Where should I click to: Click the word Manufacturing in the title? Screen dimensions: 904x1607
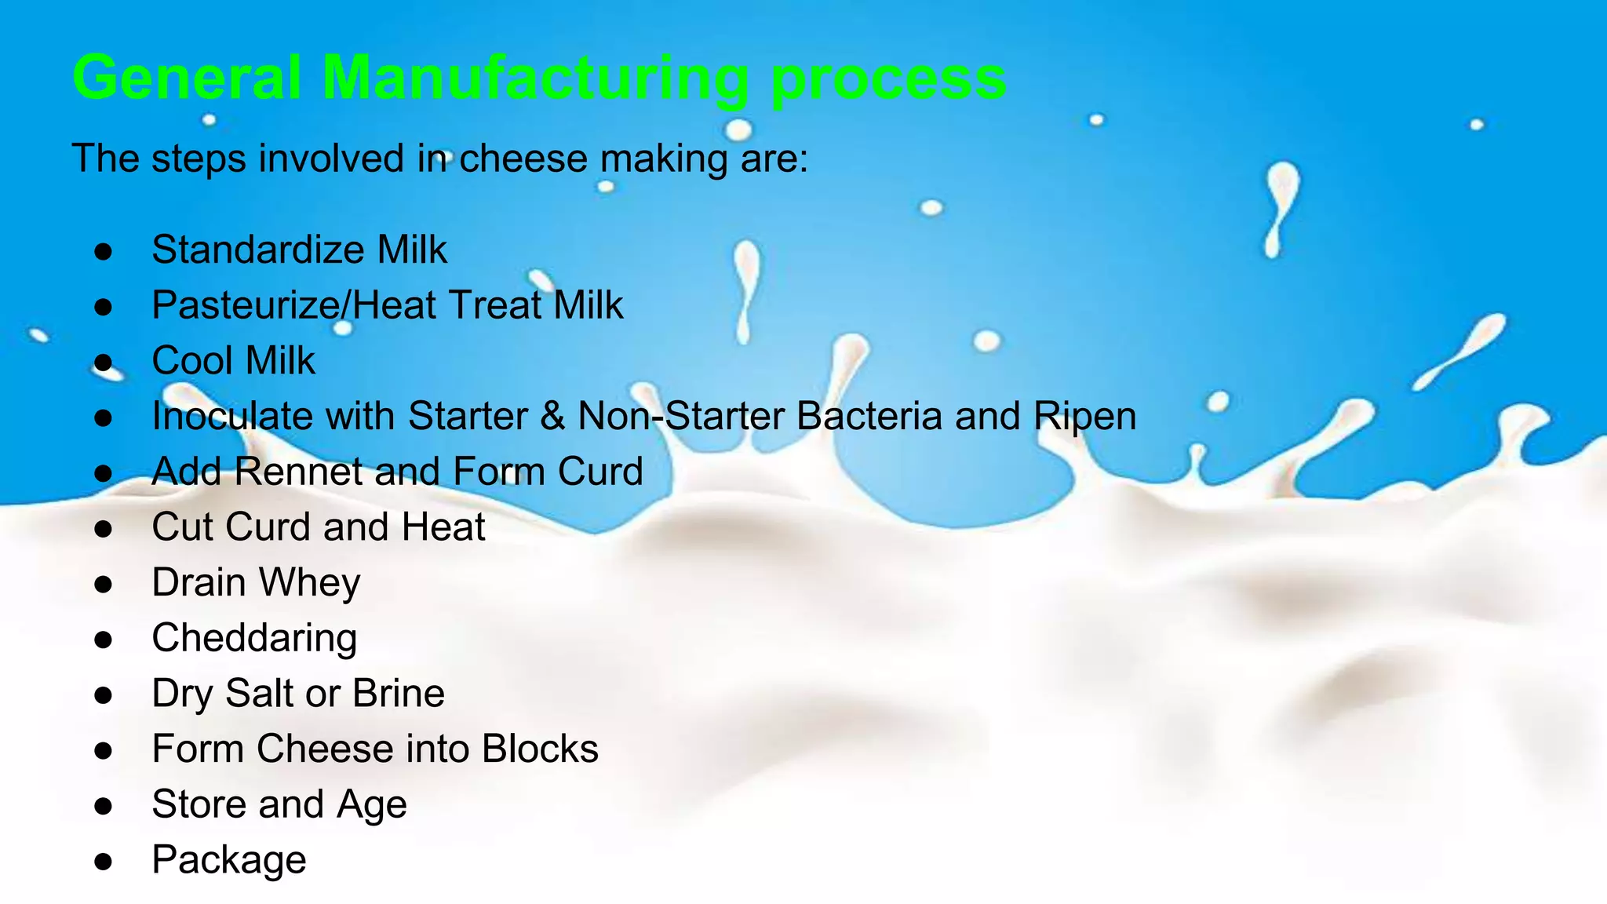coord(535,78)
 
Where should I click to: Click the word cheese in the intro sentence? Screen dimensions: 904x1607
coord(523,159)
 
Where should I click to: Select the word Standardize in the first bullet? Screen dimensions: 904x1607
coord(257,250)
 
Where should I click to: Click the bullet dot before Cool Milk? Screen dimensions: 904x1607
coord(104,363)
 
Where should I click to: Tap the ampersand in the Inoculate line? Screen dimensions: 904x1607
coord(552,416)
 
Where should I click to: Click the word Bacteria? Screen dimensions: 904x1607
coord(869,416)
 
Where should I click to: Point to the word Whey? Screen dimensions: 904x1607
coord(309,583)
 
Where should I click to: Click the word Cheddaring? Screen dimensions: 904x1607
coord(254,638)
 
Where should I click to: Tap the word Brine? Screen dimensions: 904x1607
coord(398,694)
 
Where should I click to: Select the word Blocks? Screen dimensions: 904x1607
coord(540,749)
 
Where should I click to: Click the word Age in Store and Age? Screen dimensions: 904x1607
coord(371,805)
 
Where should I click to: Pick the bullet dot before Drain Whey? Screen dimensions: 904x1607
coord(104,584)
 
